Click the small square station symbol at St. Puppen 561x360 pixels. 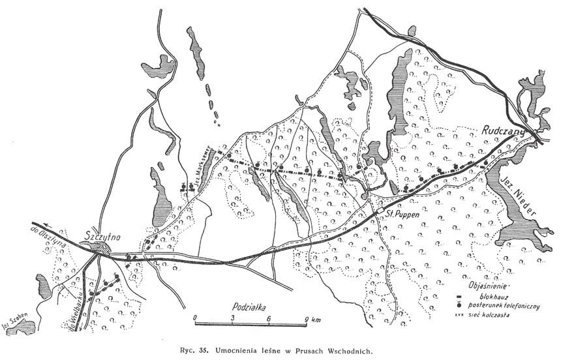pos(379,211)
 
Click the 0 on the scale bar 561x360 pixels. pos(195,318)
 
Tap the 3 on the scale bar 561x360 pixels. pos(233,318)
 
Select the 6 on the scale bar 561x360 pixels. pos(269,318)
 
